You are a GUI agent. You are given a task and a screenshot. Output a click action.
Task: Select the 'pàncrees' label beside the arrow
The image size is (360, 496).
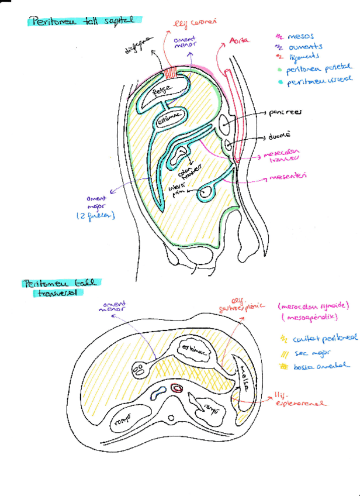[285, 114]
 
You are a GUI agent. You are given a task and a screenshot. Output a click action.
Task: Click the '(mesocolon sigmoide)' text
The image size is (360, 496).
[313, 305]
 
